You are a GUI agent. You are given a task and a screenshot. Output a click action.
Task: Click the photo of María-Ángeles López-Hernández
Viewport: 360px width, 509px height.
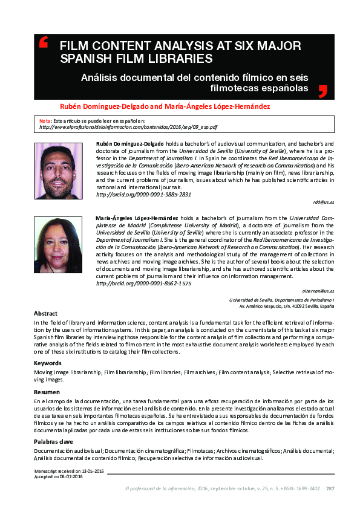pyautogui.click(x=58, y=244)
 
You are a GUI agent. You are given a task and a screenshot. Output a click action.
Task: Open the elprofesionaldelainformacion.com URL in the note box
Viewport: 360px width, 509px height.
pyautogui.click(x=128, y=128)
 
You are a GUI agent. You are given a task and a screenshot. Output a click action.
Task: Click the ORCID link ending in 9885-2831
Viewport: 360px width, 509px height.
pyautogui.click(x=143, y=195)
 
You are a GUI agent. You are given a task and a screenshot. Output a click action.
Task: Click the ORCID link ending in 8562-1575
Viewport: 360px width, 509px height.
pyautogui.click(x=143, y=283)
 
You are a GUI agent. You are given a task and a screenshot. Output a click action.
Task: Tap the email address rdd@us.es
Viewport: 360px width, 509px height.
pyautogui.click(x=324, y=203)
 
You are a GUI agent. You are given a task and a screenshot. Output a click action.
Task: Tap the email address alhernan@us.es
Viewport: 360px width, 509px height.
pyautogui.click(x=318, y=291)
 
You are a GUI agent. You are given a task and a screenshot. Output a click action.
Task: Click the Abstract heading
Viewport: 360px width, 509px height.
pyautogui.click(x=45, y=314)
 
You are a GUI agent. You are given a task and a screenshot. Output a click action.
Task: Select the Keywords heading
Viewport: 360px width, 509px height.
pyautogui.click(x=48, y=363)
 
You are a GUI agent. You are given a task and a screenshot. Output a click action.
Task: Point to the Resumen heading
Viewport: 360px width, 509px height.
pyautogui.click(x=47, y=392)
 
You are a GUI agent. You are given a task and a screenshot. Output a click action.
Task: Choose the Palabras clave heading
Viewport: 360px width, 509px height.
pyautogui.click(x=53, y=442)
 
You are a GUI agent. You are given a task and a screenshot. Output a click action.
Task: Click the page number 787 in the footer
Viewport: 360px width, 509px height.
pyautogui.click(x=330, y=489)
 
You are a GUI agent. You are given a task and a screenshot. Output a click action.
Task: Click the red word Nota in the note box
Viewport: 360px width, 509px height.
pyautogui.click(x=45, y=122)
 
